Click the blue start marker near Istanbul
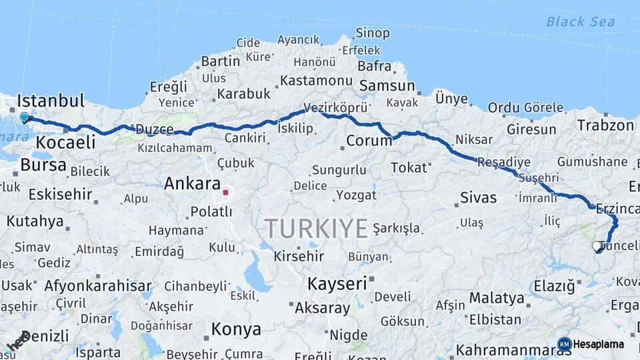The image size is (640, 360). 25,117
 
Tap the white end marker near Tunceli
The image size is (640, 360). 597,246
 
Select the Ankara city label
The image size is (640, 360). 192,183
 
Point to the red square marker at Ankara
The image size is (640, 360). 225,193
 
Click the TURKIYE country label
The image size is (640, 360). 316,228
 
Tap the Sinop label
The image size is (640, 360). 372,33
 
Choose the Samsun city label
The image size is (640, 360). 387,85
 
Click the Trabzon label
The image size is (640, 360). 605,125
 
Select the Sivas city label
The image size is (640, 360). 478,197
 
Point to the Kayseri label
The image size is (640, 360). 337,283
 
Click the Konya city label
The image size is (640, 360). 236,329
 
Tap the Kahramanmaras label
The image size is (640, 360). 505,349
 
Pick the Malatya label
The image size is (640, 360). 496,297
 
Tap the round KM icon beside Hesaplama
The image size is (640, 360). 564,344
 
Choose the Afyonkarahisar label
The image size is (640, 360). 98,286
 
